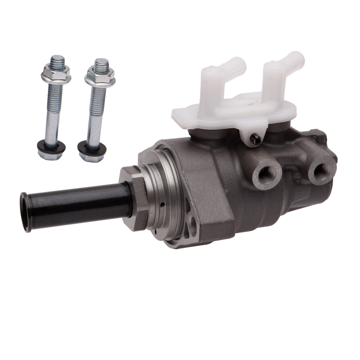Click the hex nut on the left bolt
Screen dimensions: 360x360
pyautogui.click(x=56, y=74)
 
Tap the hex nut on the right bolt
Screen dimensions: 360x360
pyautogui.click(x=99, y=76)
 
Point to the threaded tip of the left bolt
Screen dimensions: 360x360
pyautogui.click(x=58, y=60)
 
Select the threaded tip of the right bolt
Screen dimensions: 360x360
pyautogui.click(x=101, y=63)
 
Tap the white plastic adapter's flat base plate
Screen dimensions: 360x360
pyautogui.click(x=234, y=110)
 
